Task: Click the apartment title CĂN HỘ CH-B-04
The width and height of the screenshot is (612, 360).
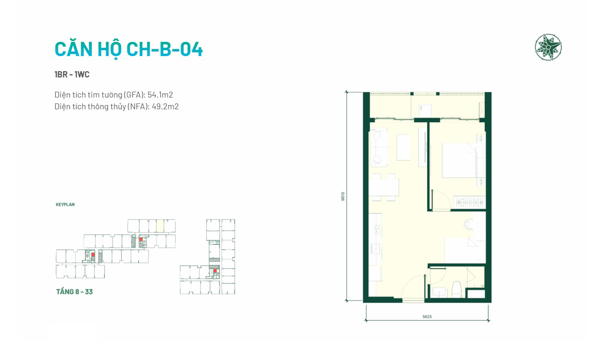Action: coord(129,49)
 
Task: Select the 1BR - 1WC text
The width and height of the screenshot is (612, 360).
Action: coord(72,75)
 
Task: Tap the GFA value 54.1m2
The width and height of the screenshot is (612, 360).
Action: coord(160,95)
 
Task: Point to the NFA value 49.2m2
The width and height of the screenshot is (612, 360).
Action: coord(165,106)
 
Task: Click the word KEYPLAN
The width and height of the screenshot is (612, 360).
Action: coord(65,204)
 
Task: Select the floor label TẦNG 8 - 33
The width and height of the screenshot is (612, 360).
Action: coord(74,292)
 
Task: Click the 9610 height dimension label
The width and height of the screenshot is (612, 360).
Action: coord(343,197)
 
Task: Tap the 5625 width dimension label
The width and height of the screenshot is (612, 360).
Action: coord(427,317)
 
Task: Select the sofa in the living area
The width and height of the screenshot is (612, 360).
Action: coord(379,147)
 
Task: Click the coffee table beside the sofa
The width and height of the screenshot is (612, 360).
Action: coord(403,147)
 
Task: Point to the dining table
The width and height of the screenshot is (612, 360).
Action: coord(384,187)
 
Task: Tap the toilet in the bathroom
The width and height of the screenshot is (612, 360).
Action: coord(456,289)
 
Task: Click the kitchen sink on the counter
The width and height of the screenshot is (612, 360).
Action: coord(375,249)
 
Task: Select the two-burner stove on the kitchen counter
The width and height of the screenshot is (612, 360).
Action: coord(376,229)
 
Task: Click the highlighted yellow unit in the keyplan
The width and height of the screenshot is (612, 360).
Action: coord(160,226)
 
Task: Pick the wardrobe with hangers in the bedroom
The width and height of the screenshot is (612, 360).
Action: coord(469,203)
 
